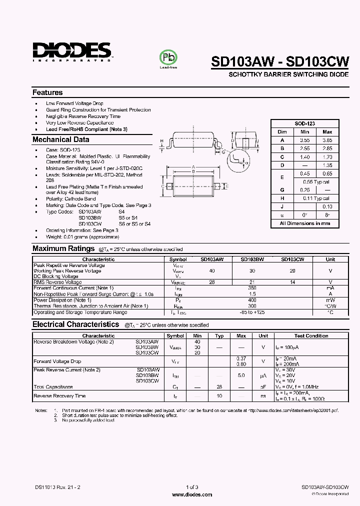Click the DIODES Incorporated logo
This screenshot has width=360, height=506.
72,51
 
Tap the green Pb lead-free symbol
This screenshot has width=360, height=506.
168,57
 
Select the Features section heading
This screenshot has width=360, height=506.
47,92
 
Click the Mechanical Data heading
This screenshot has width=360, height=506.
60,140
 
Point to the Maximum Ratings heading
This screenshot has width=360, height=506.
63,248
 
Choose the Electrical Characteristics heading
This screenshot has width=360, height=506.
75,324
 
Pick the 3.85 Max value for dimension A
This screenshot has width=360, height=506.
327,140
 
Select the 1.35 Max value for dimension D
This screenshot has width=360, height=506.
327,165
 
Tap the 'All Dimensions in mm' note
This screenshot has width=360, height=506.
304,223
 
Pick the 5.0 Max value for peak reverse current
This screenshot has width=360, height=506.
241,374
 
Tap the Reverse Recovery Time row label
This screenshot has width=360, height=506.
59,396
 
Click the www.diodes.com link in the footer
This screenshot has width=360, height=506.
191,494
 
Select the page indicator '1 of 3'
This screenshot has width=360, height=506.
191,487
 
